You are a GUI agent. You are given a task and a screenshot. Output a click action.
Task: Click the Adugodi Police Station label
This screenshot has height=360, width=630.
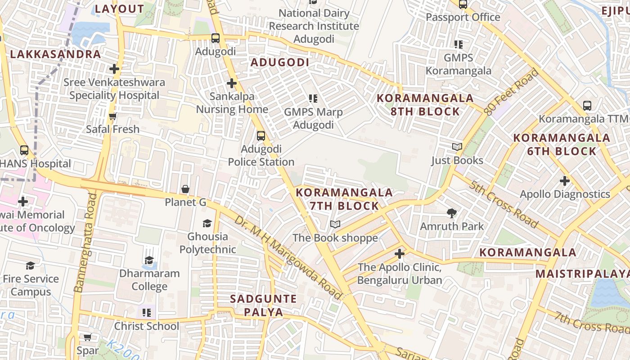[x=261, y=156]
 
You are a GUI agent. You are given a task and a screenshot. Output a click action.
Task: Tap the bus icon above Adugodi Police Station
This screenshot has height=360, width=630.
[x=261, y=135]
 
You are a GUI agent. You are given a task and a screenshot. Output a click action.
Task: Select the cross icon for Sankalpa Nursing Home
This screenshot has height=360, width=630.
[x=232, y=83]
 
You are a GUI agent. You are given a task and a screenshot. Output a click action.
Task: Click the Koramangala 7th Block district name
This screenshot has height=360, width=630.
[x=344, y=199]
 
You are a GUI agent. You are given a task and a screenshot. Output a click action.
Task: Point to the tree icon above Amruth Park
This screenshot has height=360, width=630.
[x=452, y=213]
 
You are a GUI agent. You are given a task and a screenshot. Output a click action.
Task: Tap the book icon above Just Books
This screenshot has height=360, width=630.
[x=457, y=147]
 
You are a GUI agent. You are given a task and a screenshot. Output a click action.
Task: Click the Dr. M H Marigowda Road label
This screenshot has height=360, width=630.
[x=288, y=258]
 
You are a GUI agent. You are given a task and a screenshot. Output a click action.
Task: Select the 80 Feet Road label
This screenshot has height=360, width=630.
[x=512, y=91]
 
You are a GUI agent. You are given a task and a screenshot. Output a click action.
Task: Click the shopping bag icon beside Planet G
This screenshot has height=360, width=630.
[x=185, y=189]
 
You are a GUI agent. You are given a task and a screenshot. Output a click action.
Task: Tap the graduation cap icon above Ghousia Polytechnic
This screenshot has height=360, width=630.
[x=207, y=223]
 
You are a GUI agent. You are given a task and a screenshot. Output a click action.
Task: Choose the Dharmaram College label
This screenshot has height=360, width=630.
[x=149, y=280]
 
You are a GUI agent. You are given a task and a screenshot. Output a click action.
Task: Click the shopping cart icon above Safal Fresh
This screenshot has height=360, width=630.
[x=113, y=116]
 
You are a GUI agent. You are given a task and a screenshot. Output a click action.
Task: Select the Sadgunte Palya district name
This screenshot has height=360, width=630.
[x=263, y=305]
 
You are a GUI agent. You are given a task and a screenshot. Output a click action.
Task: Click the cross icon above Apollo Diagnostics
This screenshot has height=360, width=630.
[x=565, y=181]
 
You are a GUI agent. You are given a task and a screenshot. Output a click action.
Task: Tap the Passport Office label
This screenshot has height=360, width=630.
[x=463, y=17]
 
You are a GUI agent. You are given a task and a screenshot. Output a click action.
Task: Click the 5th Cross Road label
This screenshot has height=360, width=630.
[x=504, y=204]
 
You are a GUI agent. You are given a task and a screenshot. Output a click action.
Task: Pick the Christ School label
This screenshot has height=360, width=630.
[x=147, y=326]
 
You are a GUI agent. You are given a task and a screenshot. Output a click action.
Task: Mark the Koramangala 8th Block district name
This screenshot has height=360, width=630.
[x=425, y=105]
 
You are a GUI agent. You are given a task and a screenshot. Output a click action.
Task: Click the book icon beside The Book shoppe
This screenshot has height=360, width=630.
[x=335, y=224]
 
